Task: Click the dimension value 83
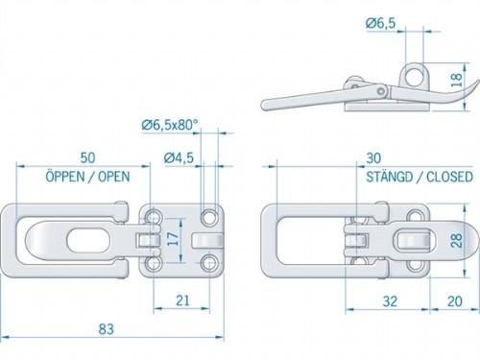point(107,329)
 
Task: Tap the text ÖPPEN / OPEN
point(86,177)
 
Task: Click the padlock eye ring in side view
point(415,73)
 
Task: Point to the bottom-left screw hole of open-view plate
point(154,262)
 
